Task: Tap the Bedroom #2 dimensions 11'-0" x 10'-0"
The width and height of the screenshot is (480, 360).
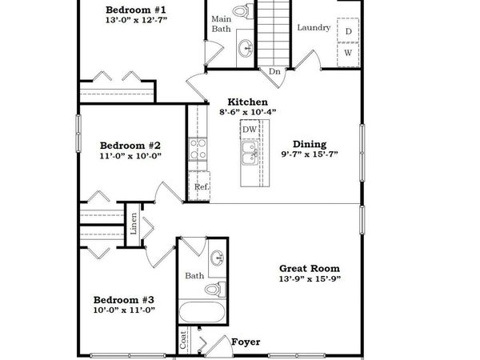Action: (130, 158)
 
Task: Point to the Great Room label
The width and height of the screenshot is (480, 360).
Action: (309, 269)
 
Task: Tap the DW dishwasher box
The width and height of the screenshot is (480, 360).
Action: (250, 130)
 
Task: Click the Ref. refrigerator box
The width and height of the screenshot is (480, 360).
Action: (201, 189)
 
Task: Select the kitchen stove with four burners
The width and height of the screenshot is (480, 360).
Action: (197, 150)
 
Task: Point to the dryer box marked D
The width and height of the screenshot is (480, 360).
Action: (349, 31)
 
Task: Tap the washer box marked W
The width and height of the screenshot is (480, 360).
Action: (349, 53)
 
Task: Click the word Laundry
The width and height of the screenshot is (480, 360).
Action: (314, 28)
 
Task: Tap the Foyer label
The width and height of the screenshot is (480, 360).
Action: (246, 342)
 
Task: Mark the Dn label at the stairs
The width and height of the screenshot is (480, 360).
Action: (274, 71)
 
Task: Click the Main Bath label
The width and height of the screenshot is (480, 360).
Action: (222, 23)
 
